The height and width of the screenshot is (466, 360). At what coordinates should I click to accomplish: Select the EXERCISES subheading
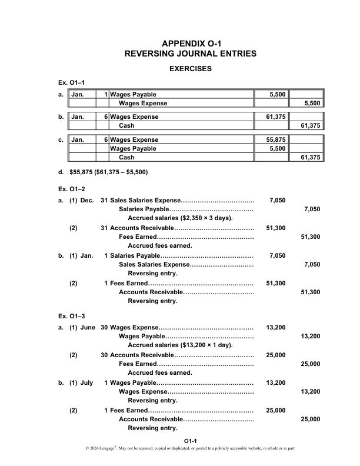point(191,69)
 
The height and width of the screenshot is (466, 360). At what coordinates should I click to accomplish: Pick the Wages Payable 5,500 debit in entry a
point(277,94)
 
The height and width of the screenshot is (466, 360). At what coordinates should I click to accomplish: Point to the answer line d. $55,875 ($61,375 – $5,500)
point(108,172)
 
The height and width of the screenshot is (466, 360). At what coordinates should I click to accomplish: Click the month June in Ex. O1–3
point(87,327)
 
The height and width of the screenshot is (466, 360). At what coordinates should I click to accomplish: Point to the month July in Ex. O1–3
point(86,383)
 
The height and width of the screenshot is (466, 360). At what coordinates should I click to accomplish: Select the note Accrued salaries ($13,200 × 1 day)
point(180,345)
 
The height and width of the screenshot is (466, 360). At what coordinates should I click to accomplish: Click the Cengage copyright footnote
point(190,448)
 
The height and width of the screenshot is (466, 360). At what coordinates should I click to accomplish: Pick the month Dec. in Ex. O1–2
point(87,201)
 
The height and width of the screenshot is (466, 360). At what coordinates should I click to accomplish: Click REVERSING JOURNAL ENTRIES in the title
point(191,54)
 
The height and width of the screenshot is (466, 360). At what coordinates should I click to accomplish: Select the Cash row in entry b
point(126,126)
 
